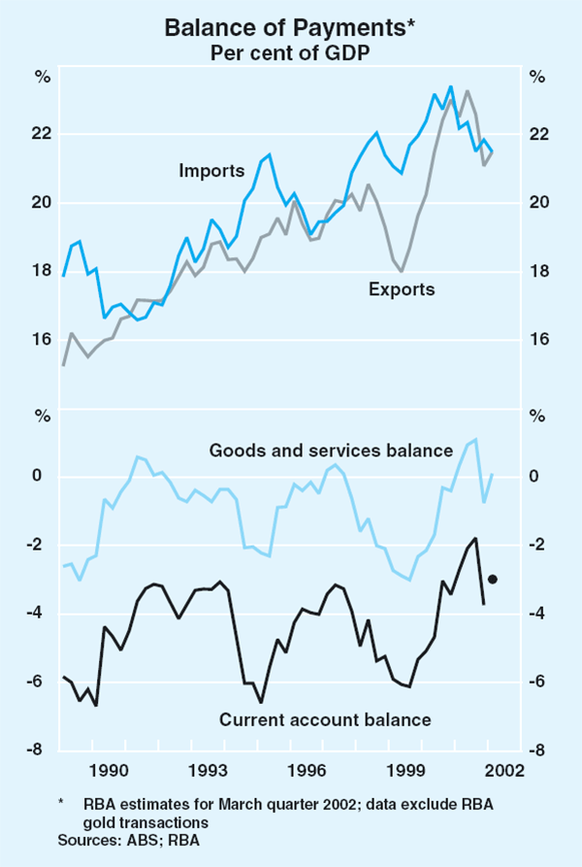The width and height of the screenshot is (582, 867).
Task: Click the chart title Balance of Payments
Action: [289, 28]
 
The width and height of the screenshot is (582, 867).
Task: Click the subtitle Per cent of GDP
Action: [290, 52]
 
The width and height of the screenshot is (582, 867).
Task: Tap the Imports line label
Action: [211, 171]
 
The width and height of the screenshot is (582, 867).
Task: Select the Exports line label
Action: [402, 288]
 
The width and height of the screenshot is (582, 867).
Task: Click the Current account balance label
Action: [325, 719]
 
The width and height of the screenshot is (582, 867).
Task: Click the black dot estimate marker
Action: [493, 580]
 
